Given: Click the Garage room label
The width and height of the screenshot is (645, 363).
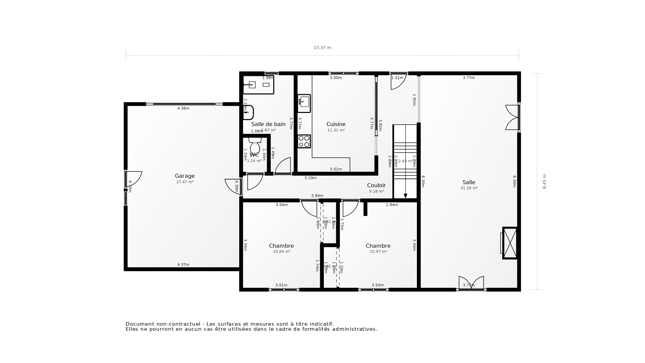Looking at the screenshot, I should (x=185, y=176).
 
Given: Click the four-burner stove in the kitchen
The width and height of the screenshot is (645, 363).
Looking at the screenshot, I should (x=304, y=141).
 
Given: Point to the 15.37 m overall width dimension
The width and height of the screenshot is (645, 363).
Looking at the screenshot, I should (x=322, y=48).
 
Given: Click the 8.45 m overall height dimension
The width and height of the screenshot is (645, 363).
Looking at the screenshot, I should (x=545, y=182).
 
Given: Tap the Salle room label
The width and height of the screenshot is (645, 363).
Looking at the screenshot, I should (x=469, y=182).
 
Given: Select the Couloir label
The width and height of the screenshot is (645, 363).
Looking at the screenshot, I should (x=376, y=185).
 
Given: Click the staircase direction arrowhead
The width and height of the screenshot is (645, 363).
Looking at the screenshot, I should (x=405, y=196).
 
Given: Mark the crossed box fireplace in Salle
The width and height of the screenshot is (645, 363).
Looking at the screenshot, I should (x=510, y=243).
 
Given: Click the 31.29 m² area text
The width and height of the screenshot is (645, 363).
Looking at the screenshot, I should (x=469, y=188).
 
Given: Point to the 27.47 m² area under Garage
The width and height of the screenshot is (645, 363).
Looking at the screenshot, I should (x=185, y=182).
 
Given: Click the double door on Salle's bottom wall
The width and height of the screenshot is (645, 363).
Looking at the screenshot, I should (x=471, y=283).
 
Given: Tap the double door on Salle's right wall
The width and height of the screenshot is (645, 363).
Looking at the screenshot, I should (x=513, y=117).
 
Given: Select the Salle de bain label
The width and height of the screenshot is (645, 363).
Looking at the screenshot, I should (x=268, y=124).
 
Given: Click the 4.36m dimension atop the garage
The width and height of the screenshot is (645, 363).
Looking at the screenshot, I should (x=183, y=108).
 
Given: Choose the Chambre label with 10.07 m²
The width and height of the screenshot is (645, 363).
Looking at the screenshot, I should (x=378, y=246).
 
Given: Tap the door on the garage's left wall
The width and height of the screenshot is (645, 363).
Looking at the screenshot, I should (x=134, y=179).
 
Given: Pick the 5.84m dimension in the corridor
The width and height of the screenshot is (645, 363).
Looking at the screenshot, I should (x=317, y=196).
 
